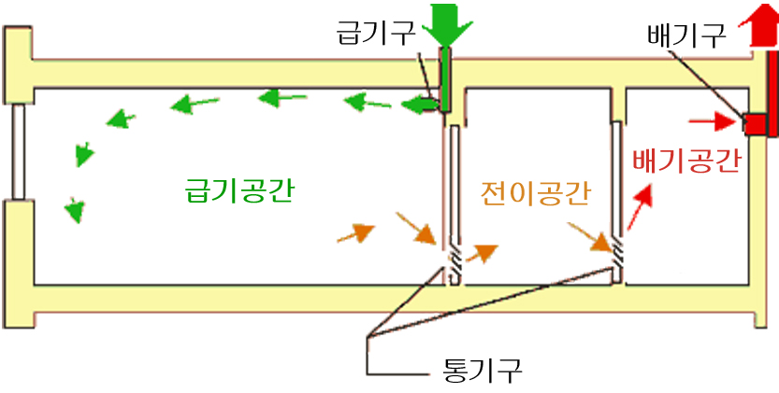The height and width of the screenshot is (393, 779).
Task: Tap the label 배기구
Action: point(685,36)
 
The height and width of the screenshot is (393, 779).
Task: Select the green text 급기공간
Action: point(240,190)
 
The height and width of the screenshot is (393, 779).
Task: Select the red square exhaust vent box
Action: point(755,122)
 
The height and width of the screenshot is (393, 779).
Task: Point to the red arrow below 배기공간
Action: point(639,208)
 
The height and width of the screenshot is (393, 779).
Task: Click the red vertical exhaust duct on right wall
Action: point(771,93)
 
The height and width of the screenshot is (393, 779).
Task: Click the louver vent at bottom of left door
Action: point(454,262)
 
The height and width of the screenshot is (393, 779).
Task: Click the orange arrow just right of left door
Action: point(483,251)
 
